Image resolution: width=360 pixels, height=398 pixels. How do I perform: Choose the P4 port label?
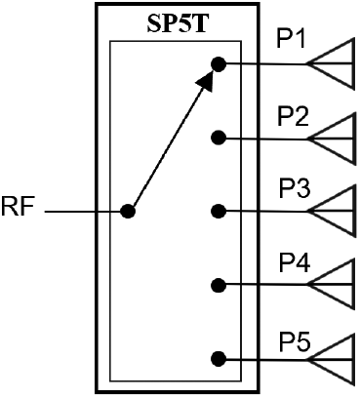tap(295, 262)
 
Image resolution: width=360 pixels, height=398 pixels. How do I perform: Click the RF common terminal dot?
tap(127, 211)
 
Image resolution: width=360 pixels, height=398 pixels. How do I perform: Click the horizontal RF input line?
tap(83, 211)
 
